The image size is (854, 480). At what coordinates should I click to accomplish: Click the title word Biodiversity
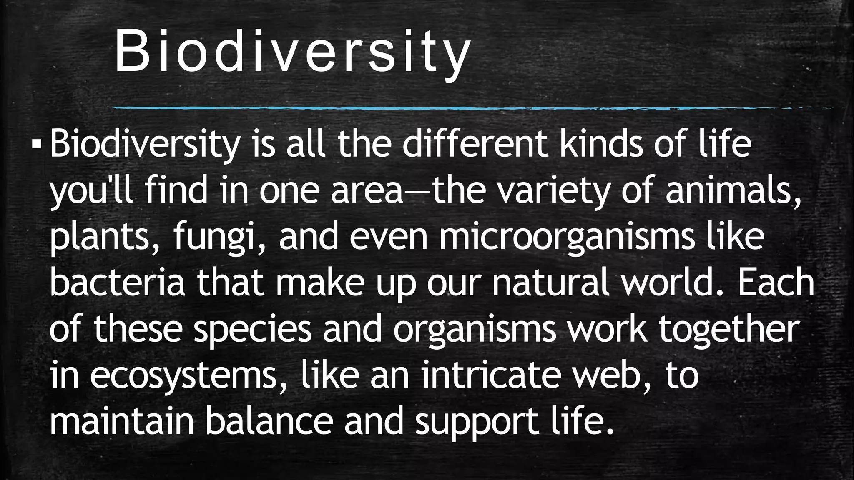click(x=292, y=52)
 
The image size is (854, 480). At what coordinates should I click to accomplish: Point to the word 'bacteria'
click(x=117, y=283)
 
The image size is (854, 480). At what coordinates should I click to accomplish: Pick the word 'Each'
click(x=775, y=283)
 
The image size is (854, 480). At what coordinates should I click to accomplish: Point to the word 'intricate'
click(x=490, y=375)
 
